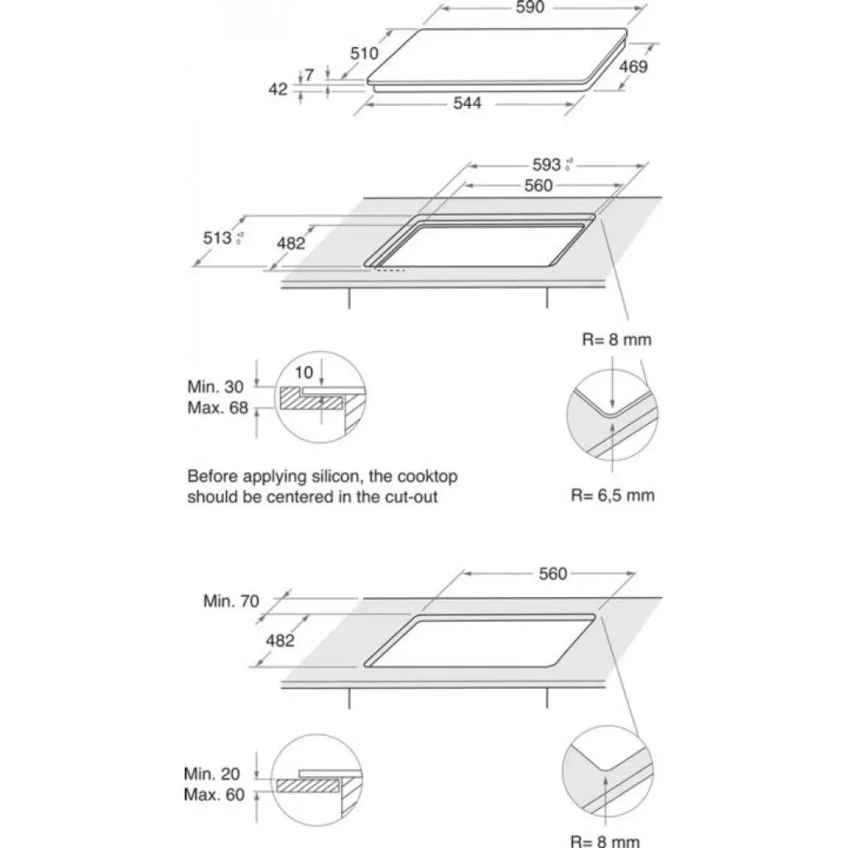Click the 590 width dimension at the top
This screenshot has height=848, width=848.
coord(530,8)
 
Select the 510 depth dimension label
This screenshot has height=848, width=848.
coord(364,53)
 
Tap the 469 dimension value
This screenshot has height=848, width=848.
coord(634,66)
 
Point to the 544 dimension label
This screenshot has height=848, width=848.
coord(467,104)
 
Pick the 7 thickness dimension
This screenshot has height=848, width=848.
coord(309,75)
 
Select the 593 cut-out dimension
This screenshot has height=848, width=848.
coord(547,164)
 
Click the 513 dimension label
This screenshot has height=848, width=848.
coord(218,238)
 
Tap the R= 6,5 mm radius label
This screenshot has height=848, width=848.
coord(612,495)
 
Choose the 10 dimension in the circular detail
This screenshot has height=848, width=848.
coord(305,373)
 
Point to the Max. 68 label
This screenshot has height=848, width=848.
coord(218,408)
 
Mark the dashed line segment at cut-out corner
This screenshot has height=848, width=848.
coord(389,269)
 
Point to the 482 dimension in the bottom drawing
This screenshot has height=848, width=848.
coord(280,640)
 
